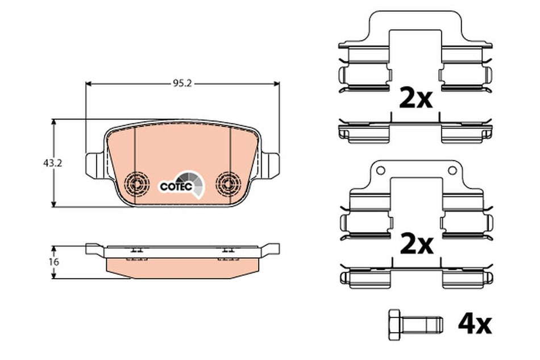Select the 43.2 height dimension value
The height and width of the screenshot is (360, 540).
pyautogui.click(x=52, y=163)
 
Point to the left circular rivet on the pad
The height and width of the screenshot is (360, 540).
pyautogui.click(x=137, y=183)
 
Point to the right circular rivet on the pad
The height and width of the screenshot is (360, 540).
pyautogui.click(x=230, y=183)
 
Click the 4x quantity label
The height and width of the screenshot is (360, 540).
pyautogui.click(x=474, y=324)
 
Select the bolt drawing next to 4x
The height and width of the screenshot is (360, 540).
pyautogui.click(x=414, y=324)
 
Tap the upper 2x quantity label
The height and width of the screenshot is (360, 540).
pyautogui.click(x=416, y=100)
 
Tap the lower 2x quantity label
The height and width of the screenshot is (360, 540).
pyautogui.click(x=416, y=245)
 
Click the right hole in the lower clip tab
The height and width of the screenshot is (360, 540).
pyautogui.click(x=452, y=169)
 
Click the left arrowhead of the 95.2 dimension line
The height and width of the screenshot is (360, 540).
pyautogui.click(x=88, y=84)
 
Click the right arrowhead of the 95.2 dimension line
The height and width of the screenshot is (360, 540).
pyautogui.click(x=277, y=84)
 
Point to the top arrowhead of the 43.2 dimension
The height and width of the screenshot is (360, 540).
pyautogui.click(x=55, y=122)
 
